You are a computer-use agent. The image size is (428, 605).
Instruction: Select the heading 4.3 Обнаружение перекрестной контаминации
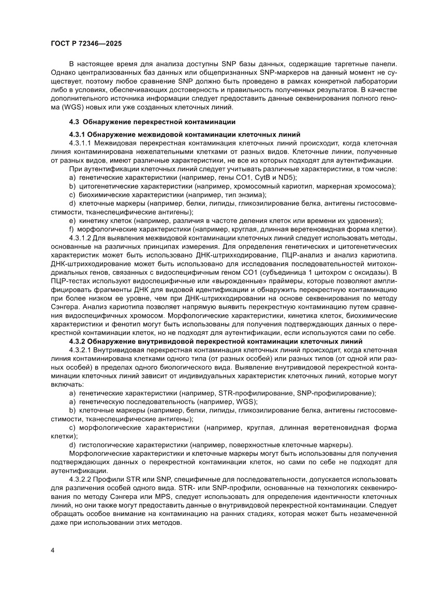[152, 122]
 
